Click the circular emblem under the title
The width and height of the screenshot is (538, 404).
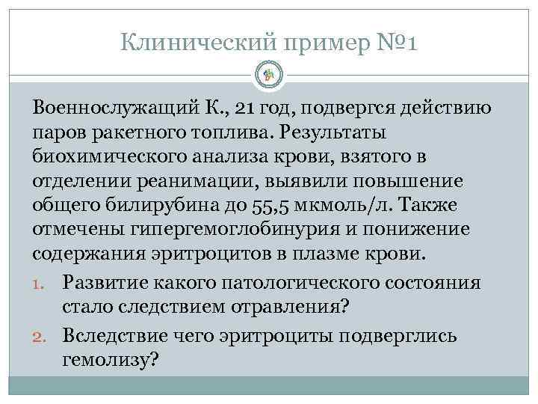pos(269,75)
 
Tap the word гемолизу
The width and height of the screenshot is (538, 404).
pos(109,360)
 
